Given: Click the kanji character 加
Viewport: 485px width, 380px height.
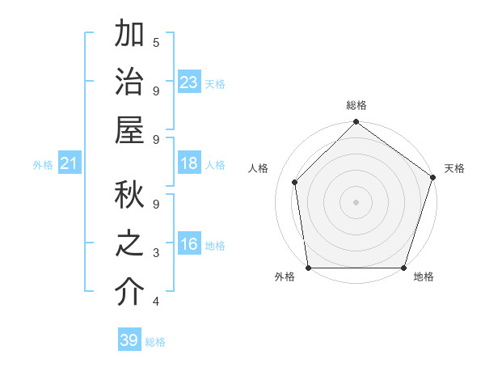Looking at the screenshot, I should [x=129, y=35].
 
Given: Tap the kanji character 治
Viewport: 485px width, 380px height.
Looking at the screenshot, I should [x=129, y=82].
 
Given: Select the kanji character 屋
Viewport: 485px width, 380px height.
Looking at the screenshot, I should [x=129, y=131].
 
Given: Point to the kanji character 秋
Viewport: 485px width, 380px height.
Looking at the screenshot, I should [x=129, y=196].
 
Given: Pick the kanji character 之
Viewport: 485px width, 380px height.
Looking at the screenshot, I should [x=129, y=245].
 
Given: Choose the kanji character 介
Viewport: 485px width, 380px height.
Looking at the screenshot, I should [x=129, y=293].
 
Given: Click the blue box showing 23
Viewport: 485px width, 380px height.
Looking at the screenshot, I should [x=189, y=82].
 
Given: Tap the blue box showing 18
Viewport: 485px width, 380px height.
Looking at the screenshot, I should [x=189, y=163].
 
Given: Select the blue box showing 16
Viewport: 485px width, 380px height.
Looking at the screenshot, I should [x=189, y=244].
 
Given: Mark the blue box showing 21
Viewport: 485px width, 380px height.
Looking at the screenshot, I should [x=70, y=163].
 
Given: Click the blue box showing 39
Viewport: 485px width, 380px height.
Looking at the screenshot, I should [x=129, y=340].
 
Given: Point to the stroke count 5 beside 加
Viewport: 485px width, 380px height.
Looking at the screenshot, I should [x=156, y=42].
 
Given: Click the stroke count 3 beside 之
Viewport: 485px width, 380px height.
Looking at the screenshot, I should [x=156, y=253].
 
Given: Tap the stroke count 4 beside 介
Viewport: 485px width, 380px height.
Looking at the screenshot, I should [x=156, y=302].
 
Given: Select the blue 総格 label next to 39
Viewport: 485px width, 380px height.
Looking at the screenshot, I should [x=155, y=342].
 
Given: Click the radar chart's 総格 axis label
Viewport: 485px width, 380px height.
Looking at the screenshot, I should [x=356, y=106].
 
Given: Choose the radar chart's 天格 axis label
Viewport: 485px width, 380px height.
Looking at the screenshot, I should [x=454, y=168].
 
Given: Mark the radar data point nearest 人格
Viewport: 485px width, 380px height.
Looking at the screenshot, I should [x=295, y=182].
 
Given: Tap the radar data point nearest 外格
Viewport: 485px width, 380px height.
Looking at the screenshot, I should [x=309, y=268].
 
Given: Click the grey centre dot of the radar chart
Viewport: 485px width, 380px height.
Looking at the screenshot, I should [x=356, y=201].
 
